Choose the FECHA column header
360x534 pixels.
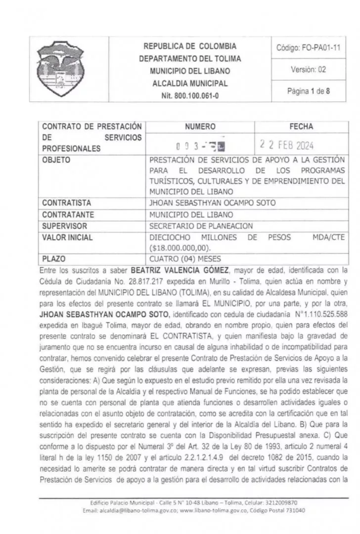[301, 127]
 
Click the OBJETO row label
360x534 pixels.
[56, 160]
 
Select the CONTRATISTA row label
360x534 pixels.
[67, 202]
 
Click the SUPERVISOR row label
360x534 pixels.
[65, 225]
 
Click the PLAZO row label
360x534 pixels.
[54, 258]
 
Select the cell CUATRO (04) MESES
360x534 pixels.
[185, 258]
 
